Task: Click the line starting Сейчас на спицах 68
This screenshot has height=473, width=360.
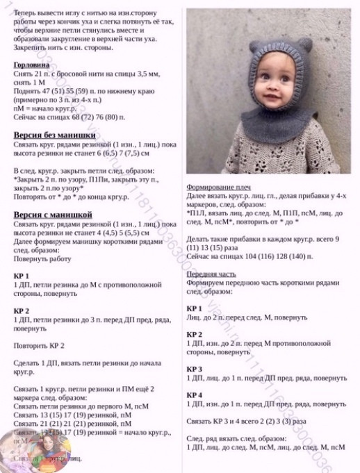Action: point(69,117)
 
